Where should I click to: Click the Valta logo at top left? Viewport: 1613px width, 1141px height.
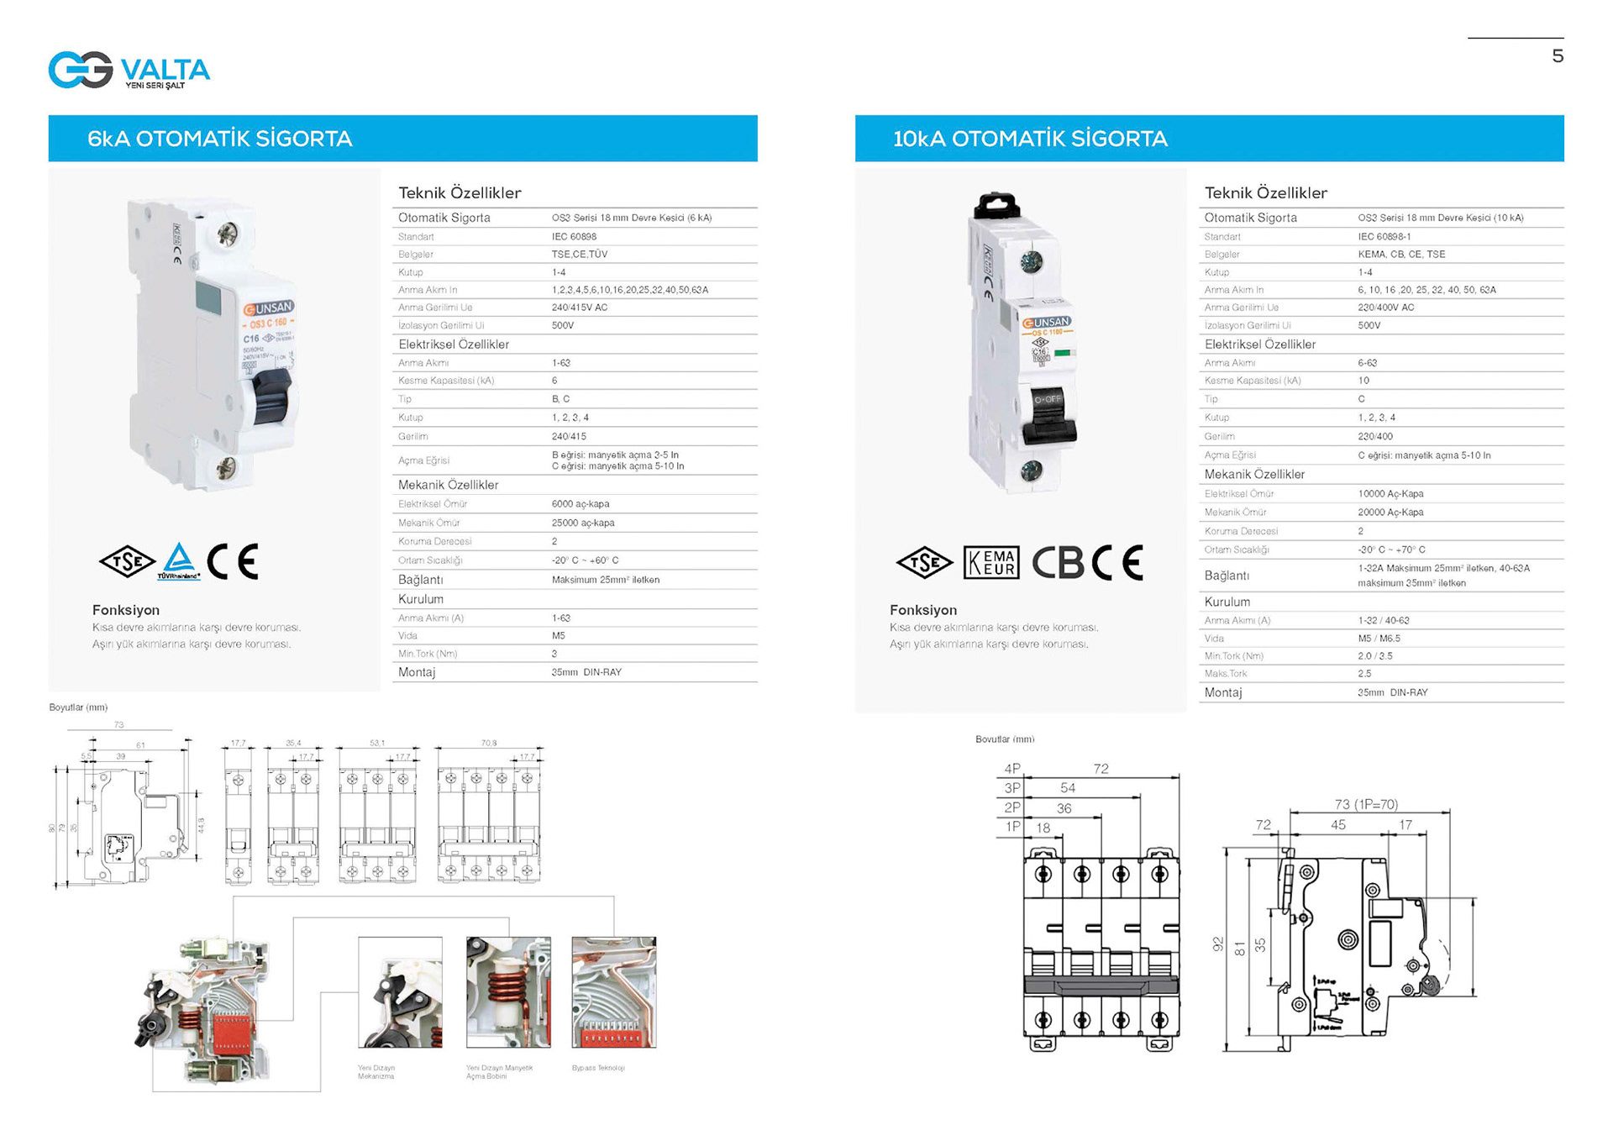(x=129, y=70)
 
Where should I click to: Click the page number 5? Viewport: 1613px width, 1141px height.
(x=1557, y=56)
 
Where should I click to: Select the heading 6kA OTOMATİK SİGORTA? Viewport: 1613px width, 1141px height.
(x=219, y=139)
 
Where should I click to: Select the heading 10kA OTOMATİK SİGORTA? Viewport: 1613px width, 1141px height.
(x=1029, y=139)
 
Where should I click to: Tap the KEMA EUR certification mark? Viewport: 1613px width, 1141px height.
(x=991, y=562)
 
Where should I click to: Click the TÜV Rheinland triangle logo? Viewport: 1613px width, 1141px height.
(x=178, y=560)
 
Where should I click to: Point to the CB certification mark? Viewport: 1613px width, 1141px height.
(x=1058, y=562)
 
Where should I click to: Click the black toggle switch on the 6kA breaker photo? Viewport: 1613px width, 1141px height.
(x=271, y=398)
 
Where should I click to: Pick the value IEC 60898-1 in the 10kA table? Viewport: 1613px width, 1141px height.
(x=1384, y=237)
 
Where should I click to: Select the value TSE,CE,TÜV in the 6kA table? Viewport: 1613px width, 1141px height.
(x=579, y=254)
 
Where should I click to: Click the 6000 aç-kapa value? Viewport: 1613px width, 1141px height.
(x=580, y=504)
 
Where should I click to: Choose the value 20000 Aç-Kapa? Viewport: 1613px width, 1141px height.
(x=1390, y=513)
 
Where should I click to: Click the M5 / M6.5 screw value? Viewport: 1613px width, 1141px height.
(x=1378, y=639)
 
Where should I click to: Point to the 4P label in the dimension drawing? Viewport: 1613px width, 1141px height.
(x=1011, y=768)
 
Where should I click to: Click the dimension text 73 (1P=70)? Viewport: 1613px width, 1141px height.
(x=1365, y=804)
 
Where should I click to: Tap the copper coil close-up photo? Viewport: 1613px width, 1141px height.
(x=508, y=992)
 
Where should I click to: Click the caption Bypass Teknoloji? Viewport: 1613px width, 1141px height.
(x=597, y=1068)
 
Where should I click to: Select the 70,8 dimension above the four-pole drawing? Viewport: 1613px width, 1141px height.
(x=488, y=743)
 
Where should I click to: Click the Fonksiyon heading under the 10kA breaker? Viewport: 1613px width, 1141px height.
(x=922, y=610)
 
